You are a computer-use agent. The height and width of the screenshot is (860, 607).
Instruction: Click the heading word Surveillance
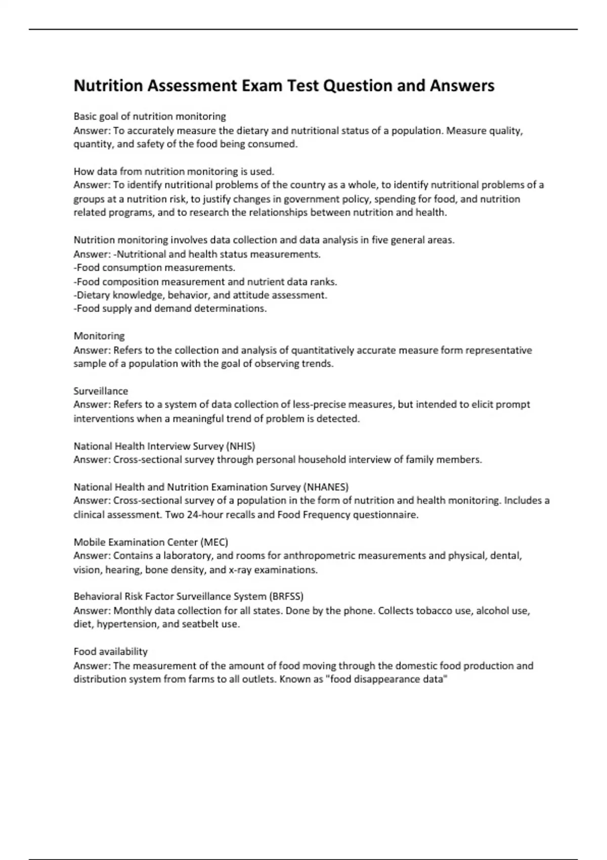[x=101, y=391]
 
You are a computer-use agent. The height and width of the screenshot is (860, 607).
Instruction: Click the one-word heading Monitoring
[x=99, y=336]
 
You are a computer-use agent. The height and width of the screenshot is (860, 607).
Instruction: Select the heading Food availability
[x=110, y=652]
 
